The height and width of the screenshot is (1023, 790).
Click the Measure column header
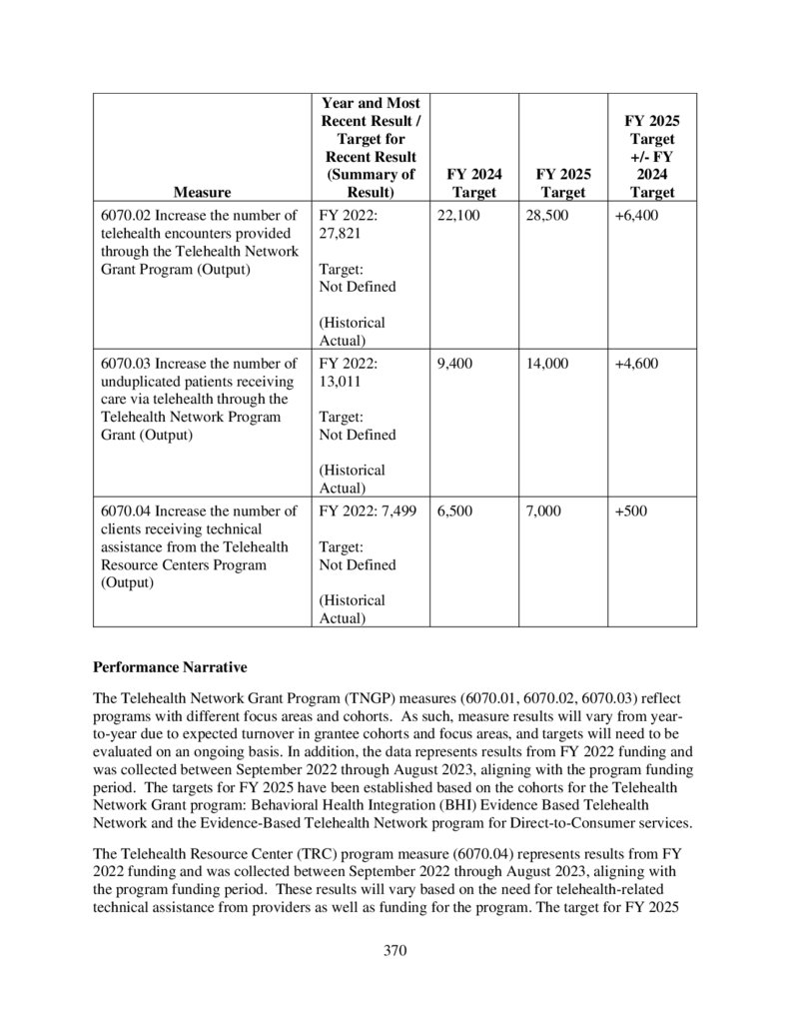202,192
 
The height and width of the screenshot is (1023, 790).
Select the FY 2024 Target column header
473,183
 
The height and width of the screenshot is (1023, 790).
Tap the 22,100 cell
458,216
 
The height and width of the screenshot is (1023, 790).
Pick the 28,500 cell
547,216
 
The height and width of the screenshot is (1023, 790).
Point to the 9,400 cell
454,364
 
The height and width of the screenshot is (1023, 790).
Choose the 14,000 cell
547,364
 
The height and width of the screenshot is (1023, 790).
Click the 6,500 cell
454,511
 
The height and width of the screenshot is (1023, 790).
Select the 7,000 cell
543,511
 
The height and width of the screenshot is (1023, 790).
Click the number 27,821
340,234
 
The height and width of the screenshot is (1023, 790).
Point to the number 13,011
340,382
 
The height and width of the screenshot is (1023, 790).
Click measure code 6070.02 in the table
127,216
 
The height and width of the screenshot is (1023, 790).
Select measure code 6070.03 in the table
127,364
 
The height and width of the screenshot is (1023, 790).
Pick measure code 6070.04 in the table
127,511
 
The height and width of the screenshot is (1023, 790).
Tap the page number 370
395,950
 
